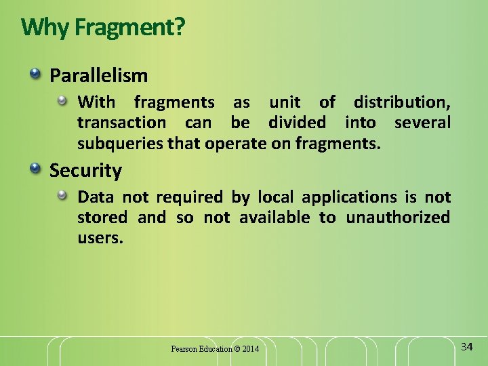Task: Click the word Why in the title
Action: [45, 28]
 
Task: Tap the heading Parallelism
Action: [98, 75]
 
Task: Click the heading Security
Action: [85, 171]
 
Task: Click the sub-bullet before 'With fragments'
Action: [62, 101]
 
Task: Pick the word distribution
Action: [401, 102]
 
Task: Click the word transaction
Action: [121, 123]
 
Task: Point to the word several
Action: [422, 123]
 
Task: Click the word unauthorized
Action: [398, 218]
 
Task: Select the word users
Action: [100, 238]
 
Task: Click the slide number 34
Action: [466, 347]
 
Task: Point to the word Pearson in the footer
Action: [183, 349]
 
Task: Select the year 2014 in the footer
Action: [250, 349]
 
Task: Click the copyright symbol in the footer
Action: [237, 349]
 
